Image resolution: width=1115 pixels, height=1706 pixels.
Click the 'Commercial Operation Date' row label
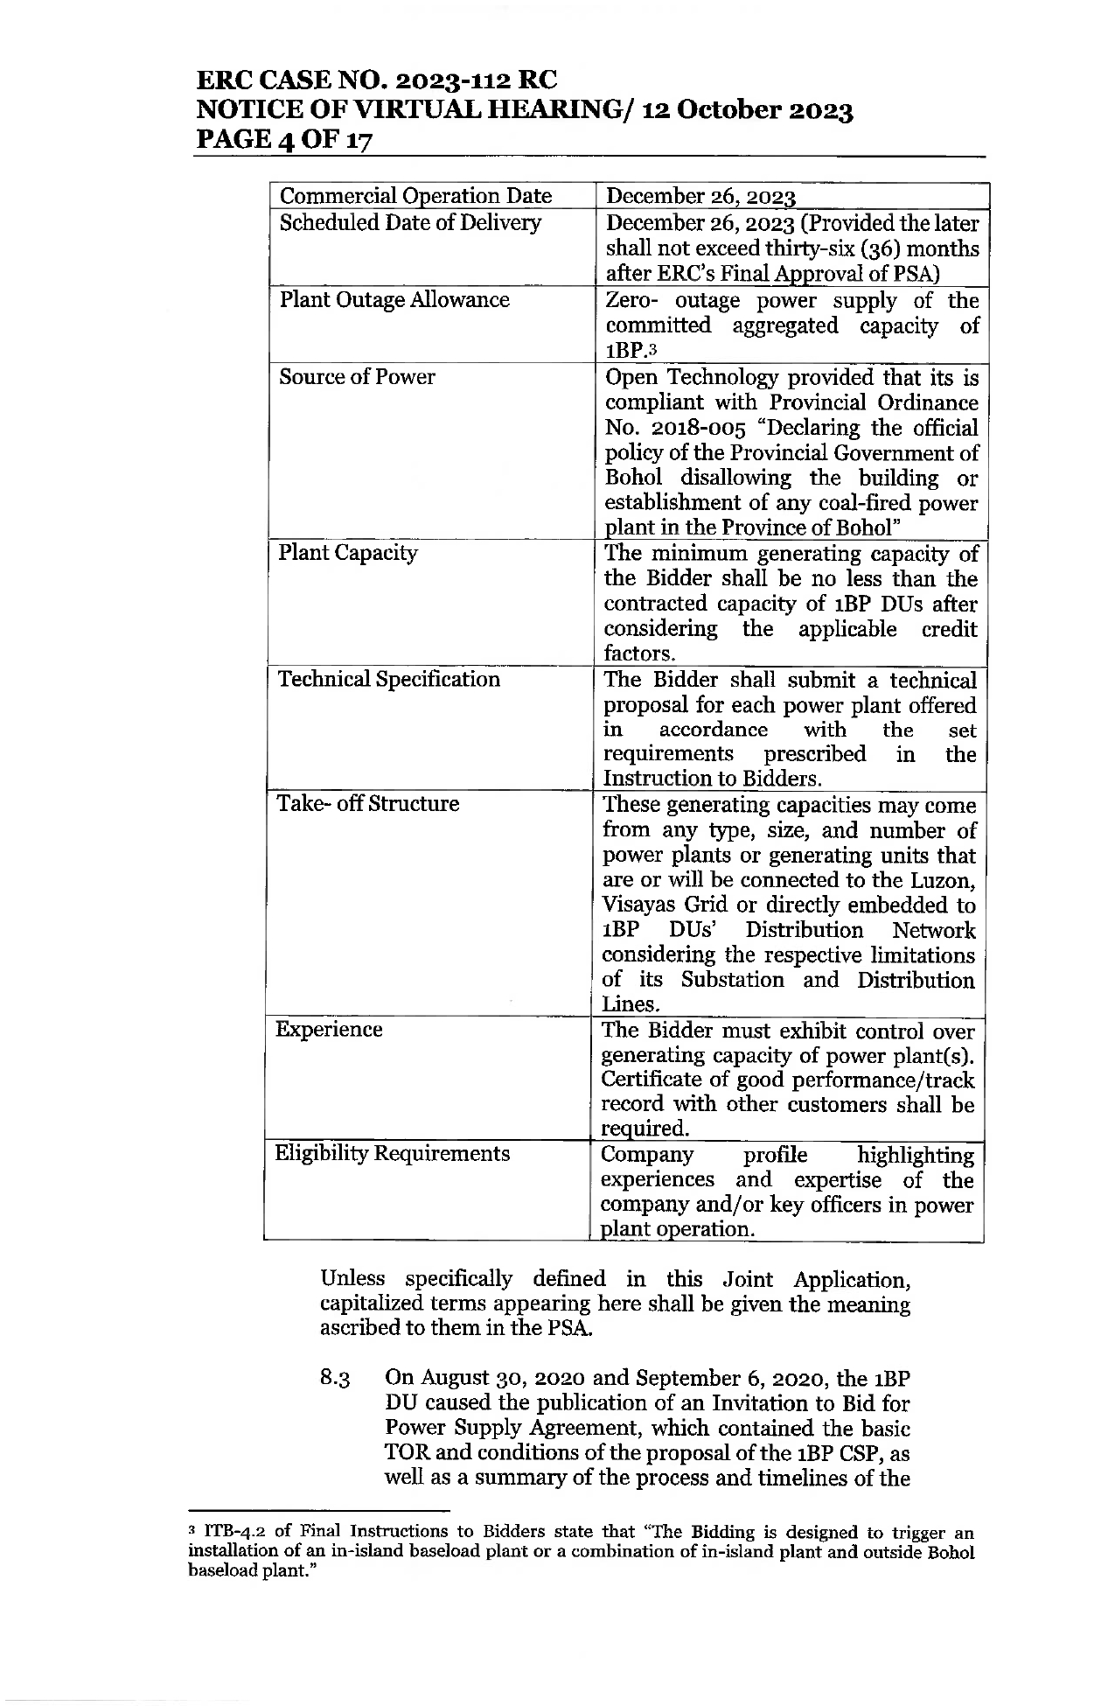[415, 196]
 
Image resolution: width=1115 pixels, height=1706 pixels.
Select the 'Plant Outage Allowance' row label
[394, 300]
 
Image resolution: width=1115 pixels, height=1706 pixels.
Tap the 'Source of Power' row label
[357, 377]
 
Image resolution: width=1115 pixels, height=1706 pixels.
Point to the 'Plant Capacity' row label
[347, 554]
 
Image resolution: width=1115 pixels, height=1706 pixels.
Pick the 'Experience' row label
[329, 1030]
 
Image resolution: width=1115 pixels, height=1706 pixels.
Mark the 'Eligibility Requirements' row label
[392, 1154]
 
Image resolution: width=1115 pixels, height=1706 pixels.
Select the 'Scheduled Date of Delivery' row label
[410, 223]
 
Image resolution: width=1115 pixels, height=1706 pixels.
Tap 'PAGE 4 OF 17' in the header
[285, 139]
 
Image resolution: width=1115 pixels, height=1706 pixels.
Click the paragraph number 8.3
[336, 1379]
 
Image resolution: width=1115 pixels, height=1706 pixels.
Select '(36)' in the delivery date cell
[825, 249]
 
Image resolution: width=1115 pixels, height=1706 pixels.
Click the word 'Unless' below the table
[352, 1279]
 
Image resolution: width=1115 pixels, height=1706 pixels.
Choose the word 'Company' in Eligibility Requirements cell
[647, 1156]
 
